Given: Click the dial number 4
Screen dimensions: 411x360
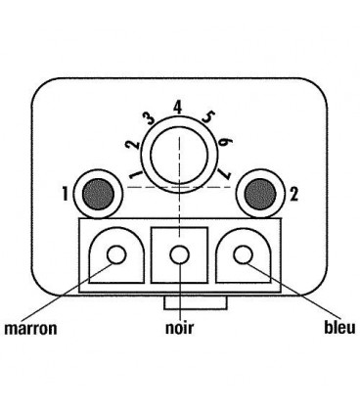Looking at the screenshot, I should [x=178, y=106].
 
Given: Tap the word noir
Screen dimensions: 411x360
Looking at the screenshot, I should [x=179, y=327].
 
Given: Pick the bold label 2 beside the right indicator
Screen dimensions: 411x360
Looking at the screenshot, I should [x=295, y=193].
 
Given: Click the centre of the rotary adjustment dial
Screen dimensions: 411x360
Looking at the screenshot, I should [x=179, y=152].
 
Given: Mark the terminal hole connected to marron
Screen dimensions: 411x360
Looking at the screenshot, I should [x=117, y=255].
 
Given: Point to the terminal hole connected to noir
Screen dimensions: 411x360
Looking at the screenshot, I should [x=179, y=255].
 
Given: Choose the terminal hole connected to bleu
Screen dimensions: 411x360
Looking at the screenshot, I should [x=241, y=255].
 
